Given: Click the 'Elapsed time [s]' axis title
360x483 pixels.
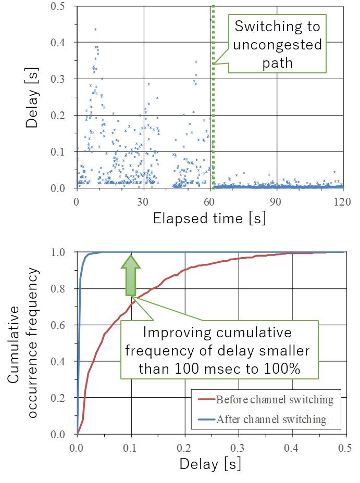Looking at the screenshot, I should [209, 218].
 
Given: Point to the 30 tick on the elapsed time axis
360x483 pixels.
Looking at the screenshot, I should [143, 201].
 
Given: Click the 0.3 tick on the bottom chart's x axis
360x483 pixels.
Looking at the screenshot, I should [238, 447].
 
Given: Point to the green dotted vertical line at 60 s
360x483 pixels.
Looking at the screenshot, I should [213, 130].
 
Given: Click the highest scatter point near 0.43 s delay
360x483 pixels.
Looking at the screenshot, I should [95, 29].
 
